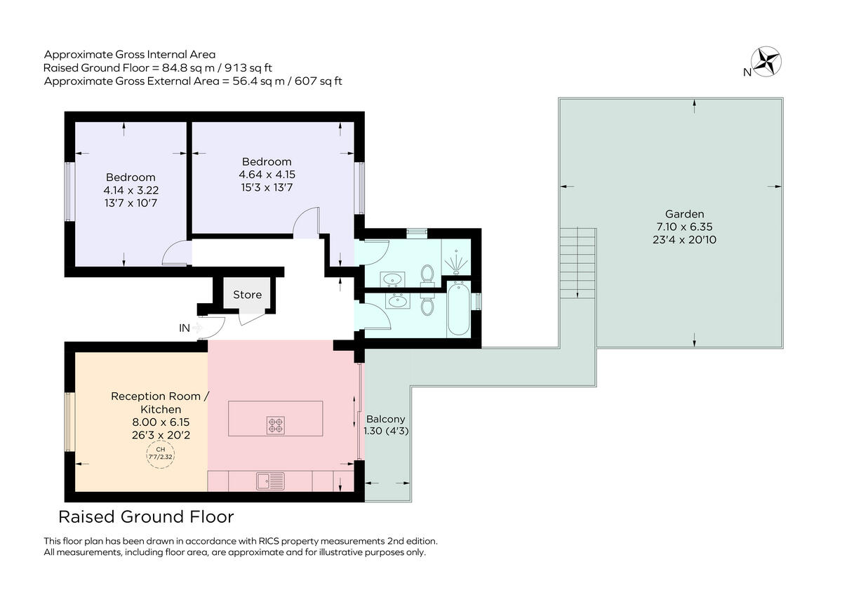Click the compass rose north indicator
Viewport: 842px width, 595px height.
pyautogui.click(x=767, y=60)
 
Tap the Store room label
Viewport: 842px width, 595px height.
pyautogui.click(x=247, y=295)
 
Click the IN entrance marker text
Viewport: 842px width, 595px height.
pyautogui.click(x=185, y=328)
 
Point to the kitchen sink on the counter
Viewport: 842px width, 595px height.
pyautogui.click(x=271, y=481)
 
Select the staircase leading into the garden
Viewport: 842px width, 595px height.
pyautogui.click(x=577, y=262)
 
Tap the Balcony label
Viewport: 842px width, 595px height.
pyautogui.click(x=385, y=419)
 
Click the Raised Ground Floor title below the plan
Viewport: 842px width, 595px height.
pyautogui.click(x=146, y=518)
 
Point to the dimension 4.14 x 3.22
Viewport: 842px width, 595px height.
pyautogui.click(x=131, y=189)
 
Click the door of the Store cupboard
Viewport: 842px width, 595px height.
pyautogui.click(x=250, y=318)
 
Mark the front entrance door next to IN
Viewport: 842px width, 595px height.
pyautogui.click(x=213, y=326)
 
